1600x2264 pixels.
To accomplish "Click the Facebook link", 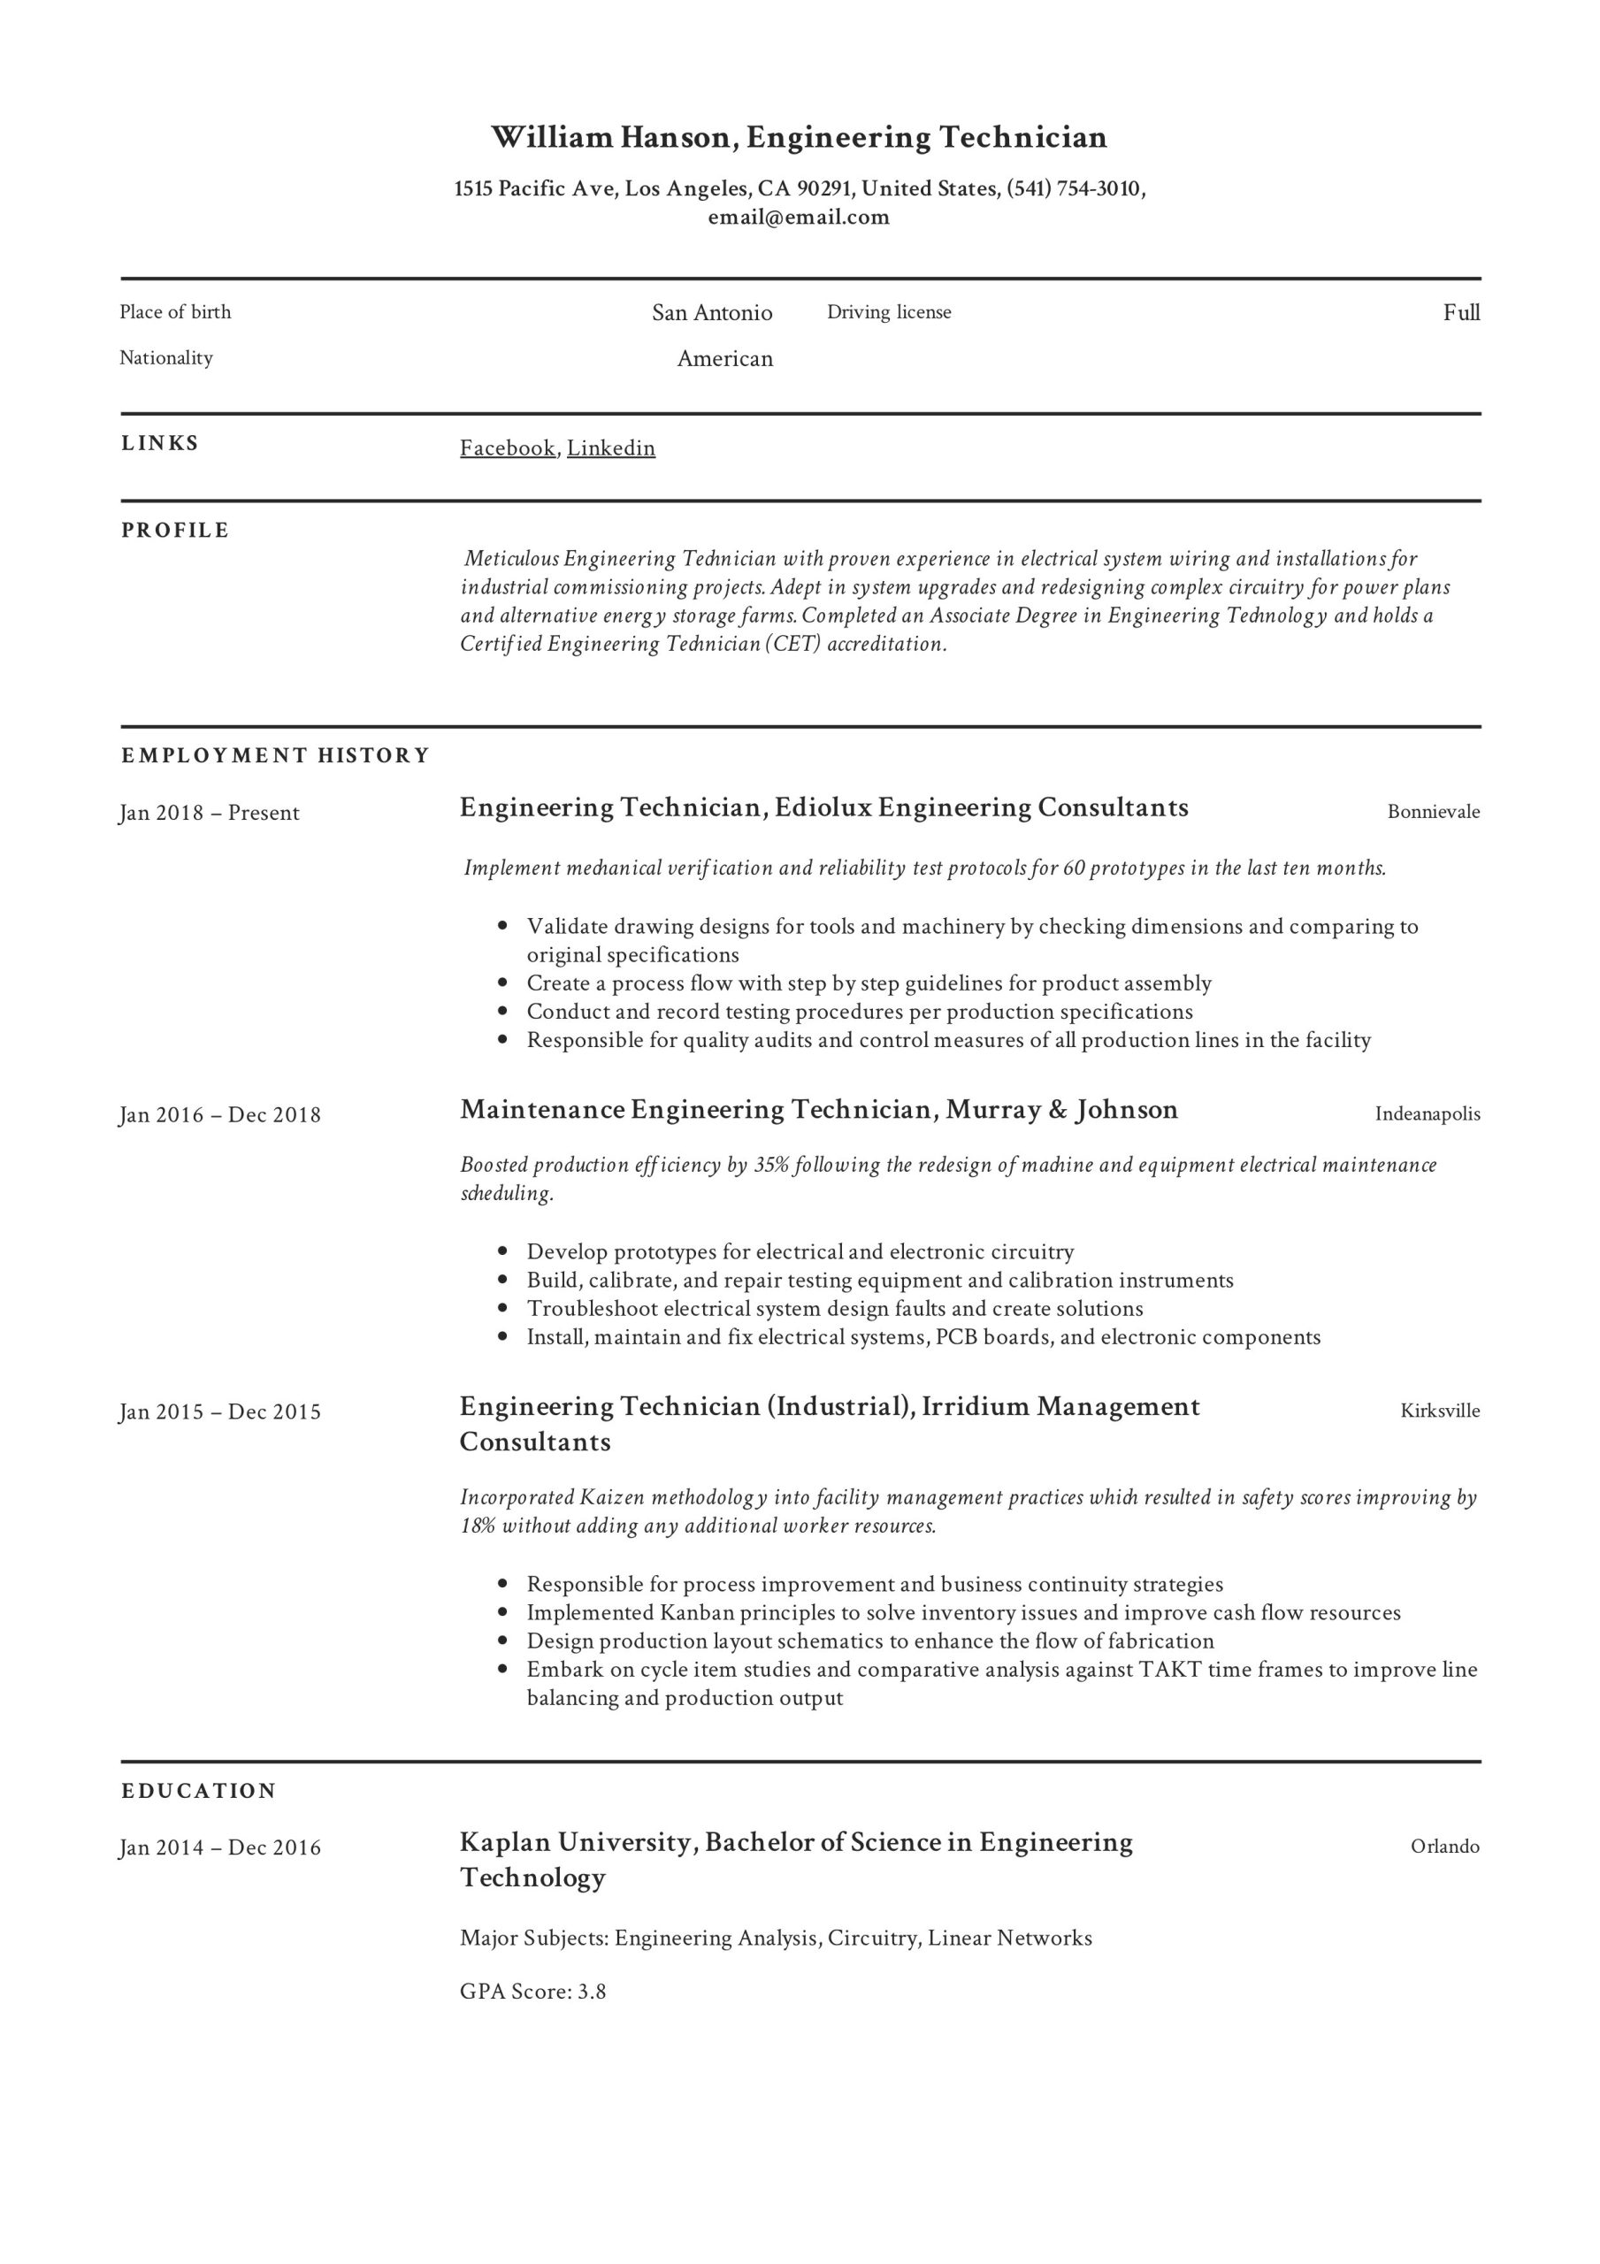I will (507, 447).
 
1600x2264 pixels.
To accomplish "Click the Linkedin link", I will (610, 447).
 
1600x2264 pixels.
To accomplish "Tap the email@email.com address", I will (798, 217).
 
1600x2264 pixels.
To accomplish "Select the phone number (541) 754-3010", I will (1073, 188).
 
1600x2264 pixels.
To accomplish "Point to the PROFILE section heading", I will (174, 531).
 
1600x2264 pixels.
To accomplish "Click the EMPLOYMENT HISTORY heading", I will (275, 755).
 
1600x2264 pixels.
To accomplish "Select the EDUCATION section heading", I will (198, 1791).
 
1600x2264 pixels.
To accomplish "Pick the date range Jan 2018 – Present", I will (209, 813).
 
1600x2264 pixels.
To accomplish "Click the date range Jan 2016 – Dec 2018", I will (220, 1115).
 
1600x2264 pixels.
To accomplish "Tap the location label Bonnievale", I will (1432, 812).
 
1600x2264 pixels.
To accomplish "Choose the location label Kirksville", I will (1439, 1411).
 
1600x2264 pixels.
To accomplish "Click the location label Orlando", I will (1444, 1847).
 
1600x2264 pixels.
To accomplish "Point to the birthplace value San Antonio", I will (711, 312).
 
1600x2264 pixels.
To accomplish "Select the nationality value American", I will (724, 359).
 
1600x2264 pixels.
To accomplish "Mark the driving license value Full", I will (1461, 312).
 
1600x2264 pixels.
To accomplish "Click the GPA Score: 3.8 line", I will (532, 1991).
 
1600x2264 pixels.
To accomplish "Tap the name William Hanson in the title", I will (611, 137).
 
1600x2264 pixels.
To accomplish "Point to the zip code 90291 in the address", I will (823, 188).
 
